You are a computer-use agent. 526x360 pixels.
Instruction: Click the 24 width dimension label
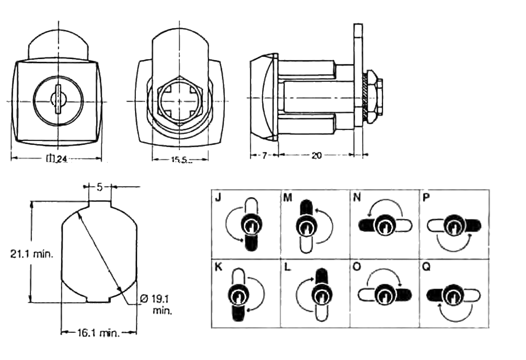[x=57, y=159]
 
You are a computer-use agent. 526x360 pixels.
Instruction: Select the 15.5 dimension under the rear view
[x=179, y=160]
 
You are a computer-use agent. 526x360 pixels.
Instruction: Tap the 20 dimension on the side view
[x=316, y=155]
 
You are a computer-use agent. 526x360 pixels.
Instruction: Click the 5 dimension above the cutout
[x=100, y=187]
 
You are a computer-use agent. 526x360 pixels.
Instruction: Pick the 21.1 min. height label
[x=32, y=254]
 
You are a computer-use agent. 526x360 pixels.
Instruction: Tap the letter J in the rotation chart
[x=218, y=198]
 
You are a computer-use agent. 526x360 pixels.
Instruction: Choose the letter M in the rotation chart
[x=288, y=198]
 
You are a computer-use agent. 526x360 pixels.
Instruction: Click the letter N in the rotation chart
[x=357, y=198]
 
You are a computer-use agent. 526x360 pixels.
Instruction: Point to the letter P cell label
[x=426, y=198]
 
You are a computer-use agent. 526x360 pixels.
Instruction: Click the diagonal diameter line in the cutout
[x=99, y=251]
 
